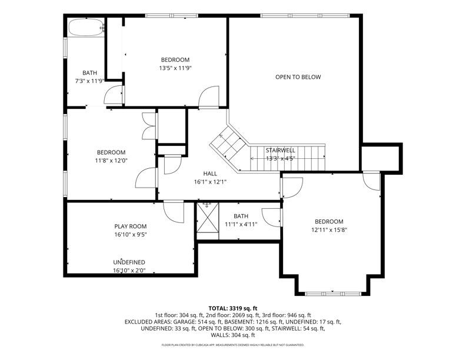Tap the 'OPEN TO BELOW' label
298,77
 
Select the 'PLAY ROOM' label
130,226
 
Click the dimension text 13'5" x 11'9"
175,68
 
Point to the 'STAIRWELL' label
280,151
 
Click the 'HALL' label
210,174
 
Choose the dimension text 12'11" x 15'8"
328,230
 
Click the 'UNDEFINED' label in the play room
129,262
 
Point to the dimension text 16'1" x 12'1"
210,182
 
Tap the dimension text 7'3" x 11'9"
89,81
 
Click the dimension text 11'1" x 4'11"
241,225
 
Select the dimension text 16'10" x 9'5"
130,235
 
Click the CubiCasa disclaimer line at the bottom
232,345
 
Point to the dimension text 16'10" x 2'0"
129,271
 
